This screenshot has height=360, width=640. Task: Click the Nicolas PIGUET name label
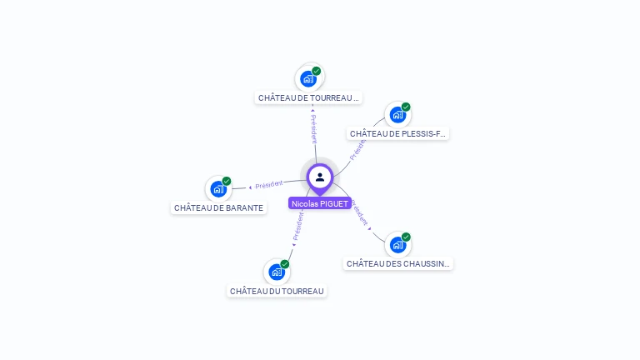click(x=320, y=203)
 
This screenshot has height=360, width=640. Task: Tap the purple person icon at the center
click(x=320, y=177)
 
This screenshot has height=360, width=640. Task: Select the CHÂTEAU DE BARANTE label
click(x=218, y=207)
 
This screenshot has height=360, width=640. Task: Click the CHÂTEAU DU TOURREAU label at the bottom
click(x=277, y=291)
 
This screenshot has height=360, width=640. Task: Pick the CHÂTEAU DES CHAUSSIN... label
click(x=398, y=263)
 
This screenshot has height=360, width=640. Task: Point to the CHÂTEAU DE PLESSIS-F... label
click(x=397, y=133)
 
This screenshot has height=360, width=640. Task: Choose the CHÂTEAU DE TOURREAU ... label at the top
click(x=308, y=97)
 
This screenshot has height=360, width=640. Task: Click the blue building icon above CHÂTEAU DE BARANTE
click(x=217, y=188)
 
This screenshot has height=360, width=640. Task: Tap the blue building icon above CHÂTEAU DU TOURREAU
click(x=277, y=272)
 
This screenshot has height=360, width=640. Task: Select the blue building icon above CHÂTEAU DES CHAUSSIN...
click(x=397, y=244)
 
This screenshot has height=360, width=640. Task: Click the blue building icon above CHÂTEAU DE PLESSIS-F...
click(x=397, y=114)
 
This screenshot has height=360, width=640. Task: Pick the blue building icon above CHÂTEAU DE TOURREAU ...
click(x=308, y=79)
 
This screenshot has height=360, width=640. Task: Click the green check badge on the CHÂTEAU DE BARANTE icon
click(x=227, y=181)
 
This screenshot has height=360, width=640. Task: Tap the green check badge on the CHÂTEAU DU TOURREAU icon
click(x=285, y=264)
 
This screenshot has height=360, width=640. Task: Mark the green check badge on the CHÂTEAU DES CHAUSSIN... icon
click(x=406, y=237)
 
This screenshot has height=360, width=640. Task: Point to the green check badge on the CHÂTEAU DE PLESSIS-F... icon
click(x=406, y=107)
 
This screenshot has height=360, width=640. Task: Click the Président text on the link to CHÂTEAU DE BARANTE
click(x=269, y=184)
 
